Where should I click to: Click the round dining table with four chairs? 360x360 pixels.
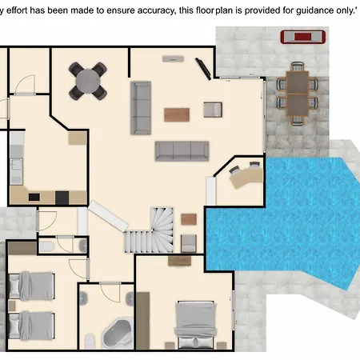pyautogui.click(x=88, y=81)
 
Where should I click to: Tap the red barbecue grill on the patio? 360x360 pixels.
pyautogui.click(x=302, y=37)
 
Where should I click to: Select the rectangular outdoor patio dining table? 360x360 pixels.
pyautogui.click(x=298, y=94)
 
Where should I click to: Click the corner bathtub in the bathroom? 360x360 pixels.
pyautogui.click(x=118, y=334)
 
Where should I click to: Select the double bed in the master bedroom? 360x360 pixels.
pyautogui.click(x=195, y=325)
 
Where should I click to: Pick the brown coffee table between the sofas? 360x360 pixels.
pyautogui.click(x=177, y=114)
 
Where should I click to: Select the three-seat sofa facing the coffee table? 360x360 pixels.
pyautogui.click(x=182, y=151)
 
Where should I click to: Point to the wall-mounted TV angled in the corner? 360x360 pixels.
pyautogui.click(x=203, y=69)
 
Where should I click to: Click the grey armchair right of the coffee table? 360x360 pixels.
pyautogui.click(x=213, y=110)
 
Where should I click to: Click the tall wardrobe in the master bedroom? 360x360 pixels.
pyautogui.click(x=143, y=321)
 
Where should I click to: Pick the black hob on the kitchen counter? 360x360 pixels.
pyautogui.click(x=62, y=198)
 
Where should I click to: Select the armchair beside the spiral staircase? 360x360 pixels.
pyautogui.click(x=189, y=243)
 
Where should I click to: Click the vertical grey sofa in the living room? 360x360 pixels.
pyautogui.click(x=141, y=108)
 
